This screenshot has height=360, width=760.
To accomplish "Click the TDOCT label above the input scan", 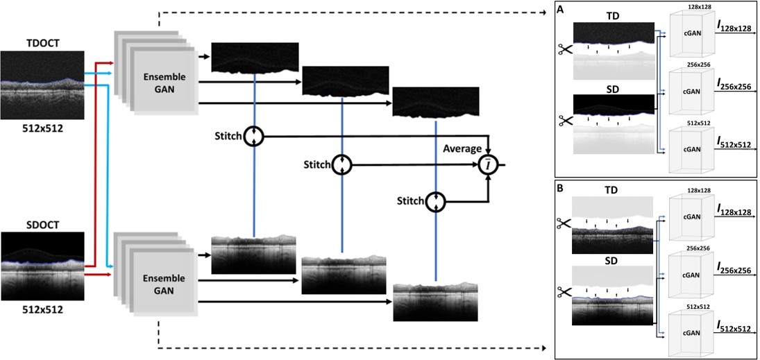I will [x=42, y=43].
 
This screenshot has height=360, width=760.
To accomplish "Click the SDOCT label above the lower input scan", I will [x=42, y=223].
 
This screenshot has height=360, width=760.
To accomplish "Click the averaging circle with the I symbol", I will [x=490, y=165].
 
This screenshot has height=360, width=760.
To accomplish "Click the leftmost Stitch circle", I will [x=254, y=136].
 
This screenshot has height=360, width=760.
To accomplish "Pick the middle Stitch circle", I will [x=341, y=164].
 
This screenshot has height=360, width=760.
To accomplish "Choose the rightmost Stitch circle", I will [x=435, y=201].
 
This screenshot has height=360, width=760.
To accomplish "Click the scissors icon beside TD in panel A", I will [x=564, y=50].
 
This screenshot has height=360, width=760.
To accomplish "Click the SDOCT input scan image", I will [x=42, y=266].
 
